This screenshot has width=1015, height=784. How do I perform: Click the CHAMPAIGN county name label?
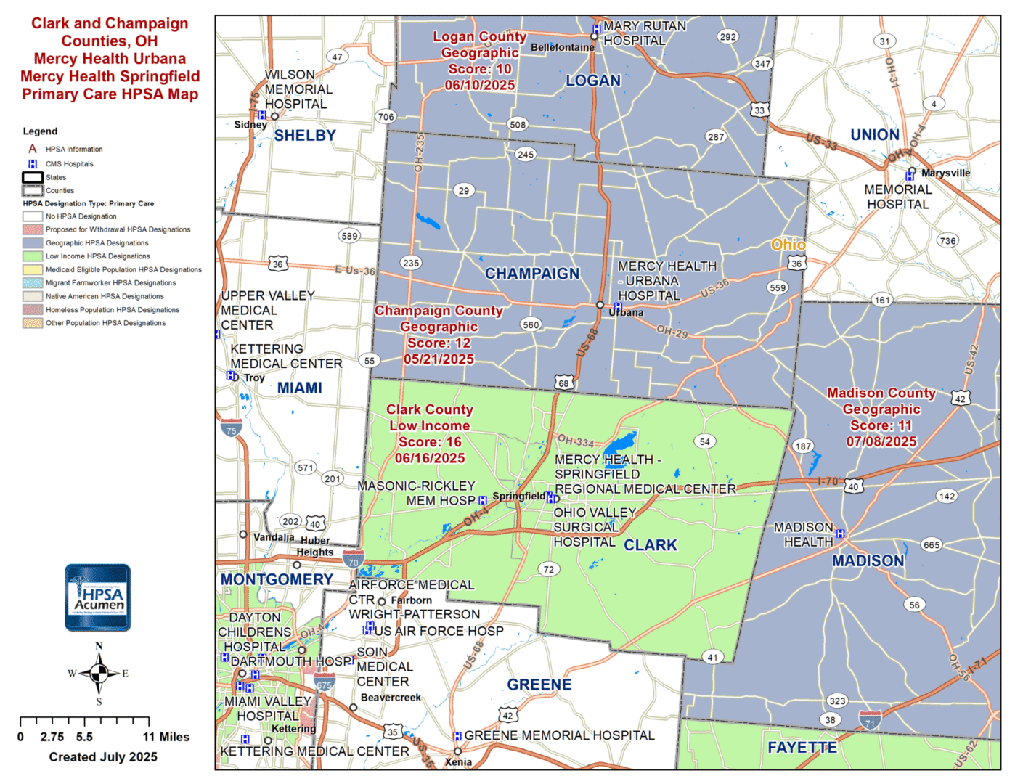click(x=532, y=274)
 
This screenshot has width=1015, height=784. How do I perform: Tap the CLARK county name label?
click(x=650, y=545)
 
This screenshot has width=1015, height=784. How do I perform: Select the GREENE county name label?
click(x=539, y=685)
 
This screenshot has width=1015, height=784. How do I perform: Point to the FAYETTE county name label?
click(x=802, y=748)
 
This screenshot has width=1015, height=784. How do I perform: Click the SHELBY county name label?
click(x=305, y=136)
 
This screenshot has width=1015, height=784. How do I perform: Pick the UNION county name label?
click(x=874, y=135)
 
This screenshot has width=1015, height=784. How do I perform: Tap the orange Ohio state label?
click(x=788, y=245)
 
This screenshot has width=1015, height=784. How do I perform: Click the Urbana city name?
click(x=626, y=313)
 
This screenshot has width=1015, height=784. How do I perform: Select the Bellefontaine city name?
click(x=562, y=48)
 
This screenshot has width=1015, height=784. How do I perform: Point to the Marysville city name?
click(x=945, y=173)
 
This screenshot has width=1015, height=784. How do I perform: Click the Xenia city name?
click(x=458, y=762)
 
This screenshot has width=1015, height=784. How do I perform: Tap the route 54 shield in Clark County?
click(x=704, y=441)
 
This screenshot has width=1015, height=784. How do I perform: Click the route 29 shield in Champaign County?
click(x=464, y=191)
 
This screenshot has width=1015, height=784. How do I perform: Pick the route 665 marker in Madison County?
click(x=932, y=545)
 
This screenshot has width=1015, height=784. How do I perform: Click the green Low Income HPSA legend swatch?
click(x=33, y=256)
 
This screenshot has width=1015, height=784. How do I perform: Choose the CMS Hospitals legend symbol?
click(x=33, y=164)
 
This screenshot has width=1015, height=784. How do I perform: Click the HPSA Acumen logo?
click(x=98, y=597)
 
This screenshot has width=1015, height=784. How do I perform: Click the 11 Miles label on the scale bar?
click(x=166, y=738)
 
